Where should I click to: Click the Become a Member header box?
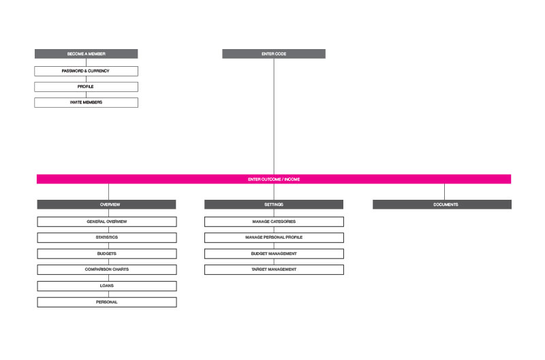click(x=87, y=54)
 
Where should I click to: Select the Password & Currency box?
click(x=87, y=71)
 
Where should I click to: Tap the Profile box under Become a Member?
click(x=87, y=87)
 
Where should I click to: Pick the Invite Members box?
click(x=87, y=102)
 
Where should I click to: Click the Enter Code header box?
click(x=274, y=54)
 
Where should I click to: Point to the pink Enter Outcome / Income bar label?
click(x=274, y=179)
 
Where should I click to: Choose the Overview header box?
click(x=107, y=205)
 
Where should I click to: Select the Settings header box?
click(x=274, y=205)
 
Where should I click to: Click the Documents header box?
click(x=442, y=205)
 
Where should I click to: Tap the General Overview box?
click(x=107, y=222)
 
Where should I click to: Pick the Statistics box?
click(x=107, y=237)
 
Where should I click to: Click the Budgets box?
click(x=107, y=254)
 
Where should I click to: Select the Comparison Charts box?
click(x=107, y=269)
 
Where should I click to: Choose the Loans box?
click(x=107, y=286)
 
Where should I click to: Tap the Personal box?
click(x=107, y=302)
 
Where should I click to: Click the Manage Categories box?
click(x=274, y=222)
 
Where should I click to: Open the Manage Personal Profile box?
click(x=274, y=237)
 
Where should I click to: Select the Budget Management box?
click(x=274, y=254)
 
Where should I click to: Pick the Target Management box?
click(x=274, y=269)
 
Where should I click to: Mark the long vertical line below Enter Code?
click(x=274, y=117)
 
